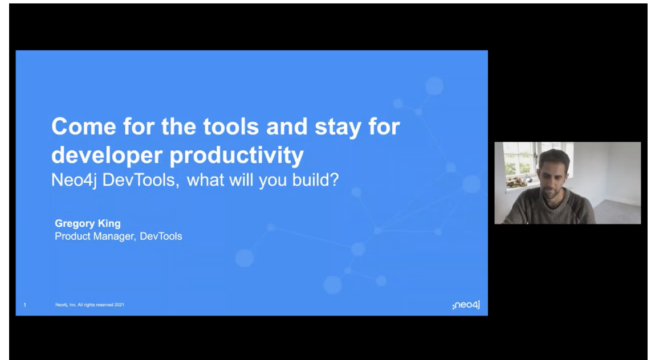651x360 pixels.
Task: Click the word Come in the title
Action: (x=83, y=126)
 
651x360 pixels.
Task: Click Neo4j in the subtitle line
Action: (x=74, y=181)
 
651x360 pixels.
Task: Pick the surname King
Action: (x=109, y=224)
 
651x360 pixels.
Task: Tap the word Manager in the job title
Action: (x=114, y=237)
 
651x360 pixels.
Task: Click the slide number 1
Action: (x=25, y=305)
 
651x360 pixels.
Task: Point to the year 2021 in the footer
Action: (x=119, y=305)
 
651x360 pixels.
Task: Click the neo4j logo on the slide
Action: (x=466, y=305)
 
